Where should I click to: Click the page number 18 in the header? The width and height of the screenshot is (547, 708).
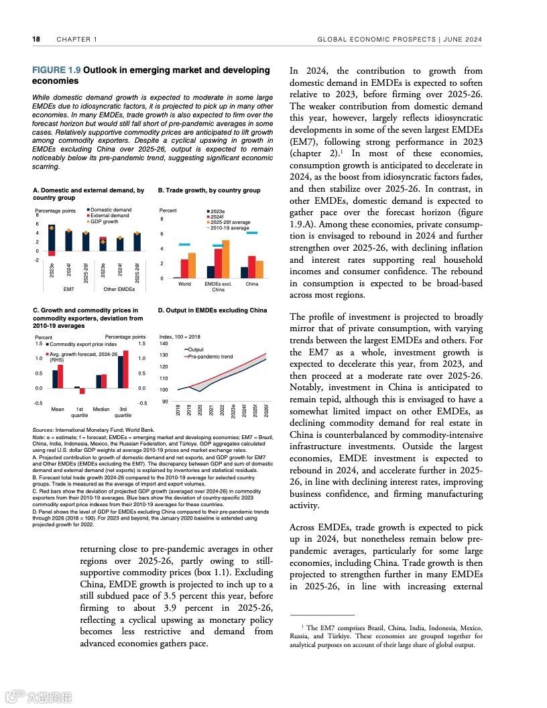(x=36, y=40)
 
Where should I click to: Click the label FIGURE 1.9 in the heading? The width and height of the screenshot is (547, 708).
(x=56, y=70)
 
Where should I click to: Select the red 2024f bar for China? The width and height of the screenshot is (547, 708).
(x=251, y=266)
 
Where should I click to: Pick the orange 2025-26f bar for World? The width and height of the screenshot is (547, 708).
(x=192, y=265)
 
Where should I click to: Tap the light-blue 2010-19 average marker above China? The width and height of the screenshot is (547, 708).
(x=251, y=233)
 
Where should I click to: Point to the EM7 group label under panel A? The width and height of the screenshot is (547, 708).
(x=68, y=289)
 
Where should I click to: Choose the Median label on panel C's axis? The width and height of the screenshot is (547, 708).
(x=101, y=409)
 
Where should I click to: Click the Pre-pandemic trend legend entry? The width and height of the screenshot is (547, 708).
(x=210, y=357)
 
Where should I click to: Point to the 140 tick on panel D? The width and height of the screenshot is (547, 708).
(x=164, y=343)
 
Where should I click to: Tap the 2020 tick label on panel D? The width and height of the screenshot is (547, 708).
(x=200, y=410)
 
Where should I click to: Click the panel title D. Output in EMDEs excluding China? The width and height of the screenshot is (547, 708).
(x=212, y=310)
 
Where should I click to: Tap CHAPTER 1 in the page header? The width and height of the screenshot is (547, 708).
(x=77, y=40)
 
